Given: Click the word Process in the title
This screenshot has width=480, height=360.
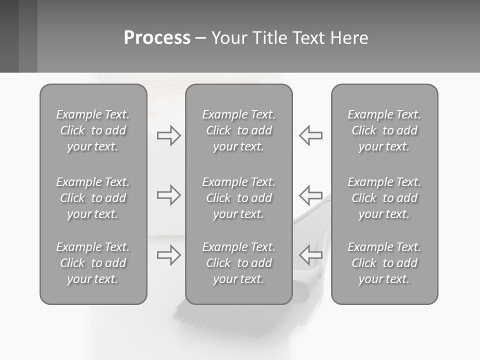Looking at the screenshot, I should [157, 38].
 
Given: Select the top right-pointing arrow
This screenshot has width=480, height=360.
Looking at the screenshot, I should [168, 135].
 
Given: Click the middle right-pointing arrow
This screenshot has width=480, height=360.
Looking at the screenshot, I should [168, 195].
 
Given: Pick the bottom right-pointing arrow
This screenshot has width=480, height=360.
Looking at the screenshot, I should [168, 255].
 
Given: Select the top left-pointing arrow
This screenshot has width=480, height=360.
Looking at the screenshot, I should [310, 135].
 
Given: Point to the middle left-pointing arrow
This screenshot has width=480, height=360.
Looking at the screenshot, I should [310, 195].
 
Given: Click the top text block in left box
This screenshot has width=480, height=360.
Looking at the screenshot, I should [93, 130].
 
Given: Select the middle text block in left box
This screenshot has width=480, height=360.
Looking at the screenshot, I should [93, 198].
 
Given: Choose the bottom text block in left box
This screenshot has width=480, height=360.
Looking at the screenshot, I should [93, 263].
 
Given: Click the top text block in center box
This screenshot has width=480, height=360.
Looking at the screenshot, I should [239, 130].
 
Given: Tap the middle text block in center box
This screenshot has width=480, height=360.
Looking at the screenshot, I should [239, 198].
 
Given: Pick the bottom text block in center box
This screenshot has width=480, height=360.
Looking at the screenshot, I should [239, 263].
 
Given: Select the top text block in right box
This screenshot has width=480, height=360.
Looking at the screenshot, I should [384, 130].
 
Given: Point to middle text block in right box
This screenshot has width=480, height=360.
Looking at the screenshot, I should [384, 198].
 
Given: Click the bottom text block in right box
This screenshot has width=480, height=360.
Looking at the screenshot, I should [384, 263].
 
